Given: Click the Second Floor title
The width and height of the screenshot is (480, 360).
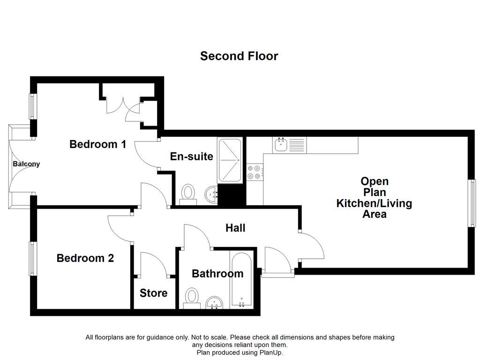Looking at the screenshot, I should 239,56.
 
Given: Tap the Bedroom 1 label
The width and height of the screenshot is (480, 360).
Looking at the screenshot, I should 97,144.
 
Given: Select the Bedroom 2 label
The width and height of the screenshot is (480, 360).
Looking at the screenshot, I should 85,258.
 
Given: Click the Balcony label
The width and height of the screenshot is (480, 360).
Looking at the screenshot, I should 26,164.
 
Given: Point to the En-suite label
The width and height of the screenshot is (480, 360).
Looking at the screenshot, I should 191,157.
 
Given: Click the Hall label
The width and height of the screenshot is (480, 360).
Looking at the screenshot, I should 235,228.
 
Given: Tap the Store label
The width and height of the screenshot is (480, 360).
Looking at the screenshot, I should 153,293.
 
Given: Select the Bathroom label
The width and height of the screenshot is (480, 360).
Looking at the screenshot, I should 217,273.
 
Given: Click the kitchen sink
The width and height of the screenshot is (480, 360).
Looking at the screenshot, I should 281,145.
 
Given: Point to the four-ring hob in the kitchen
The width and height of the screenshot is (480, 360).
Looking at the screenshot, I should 254,172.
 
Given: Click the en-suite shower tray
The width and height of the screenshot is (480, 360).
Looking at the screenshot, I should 230,160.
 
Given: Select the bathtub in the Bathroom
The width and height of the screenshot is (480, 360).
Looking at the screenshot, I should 241,279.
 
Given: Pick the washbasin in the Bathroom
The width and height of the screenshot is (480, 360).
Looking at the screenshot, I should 215,302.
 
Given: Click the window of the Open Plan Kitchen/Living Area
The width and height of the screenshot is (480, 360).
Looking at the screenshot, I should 472,203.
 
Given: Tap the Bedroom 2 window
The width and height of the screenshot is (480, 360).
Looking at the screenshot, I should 32,258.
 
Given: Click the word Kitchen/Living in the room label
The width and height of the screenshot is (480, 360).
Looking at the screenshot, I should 374,203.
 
